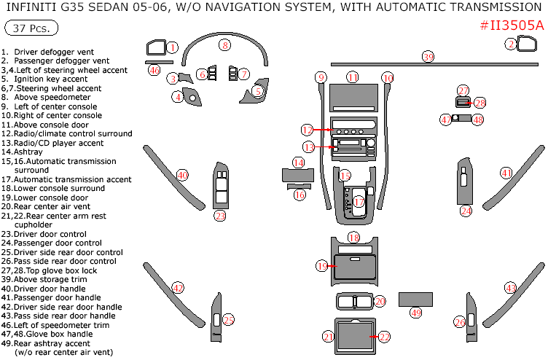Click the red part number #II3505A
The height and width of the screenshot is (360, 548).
[x=512, y=25]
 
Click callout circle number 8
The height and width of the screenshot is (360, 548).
[x=225, y=45]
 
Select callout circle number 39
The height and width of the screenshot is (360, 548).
[x=428, y=56]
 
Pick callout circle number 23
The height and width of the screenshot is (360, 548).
[x=220, y=216]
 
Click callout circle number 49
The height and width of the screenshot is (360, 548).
[x=416, y=313]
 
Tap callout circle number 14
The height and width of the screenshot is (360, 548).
[x=298, y=163]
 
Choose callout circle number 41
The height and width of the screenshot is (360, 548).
[x=506, y=173]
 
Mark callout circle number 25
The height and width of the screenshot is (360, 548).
[x=229, y=320]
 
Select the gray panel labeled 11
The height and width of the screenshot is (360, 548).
[x=353, y=96]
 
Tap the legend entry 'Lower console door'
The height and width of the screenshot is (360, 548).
[x=51, y=197]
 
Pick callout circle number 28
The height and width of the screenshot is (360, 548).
[x=480, y=103]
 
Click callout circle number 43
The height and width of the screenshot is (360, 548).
[x=511, y=288]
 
